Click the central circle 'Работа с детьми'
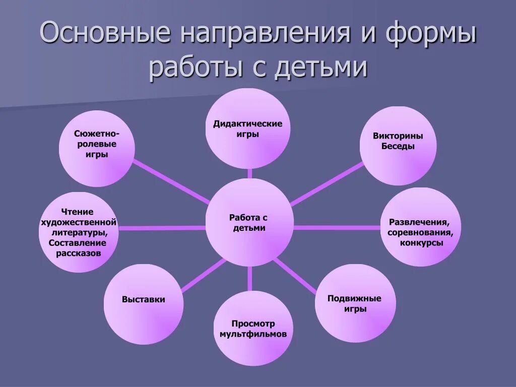click(x=249, y=222)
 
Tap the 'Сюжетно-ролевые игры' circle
click(x=97, y=149)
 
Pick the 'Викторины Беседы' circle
click(x=398, y=146)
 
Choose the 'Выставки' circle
click(x=144, y=304)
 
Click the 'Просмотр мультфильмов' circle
click(x=253, y=329)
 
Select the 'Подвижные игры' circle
click(x=354, y=303)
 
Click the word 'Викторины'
click(x=398, y=136)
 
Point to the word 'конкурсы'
click(x=422, y=242)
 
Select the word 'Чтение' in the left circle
click(x=78, y=212)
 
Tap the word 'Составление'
click(x=78, y=243)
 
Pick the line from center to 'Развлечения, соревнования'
click(x=337, y=227)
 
